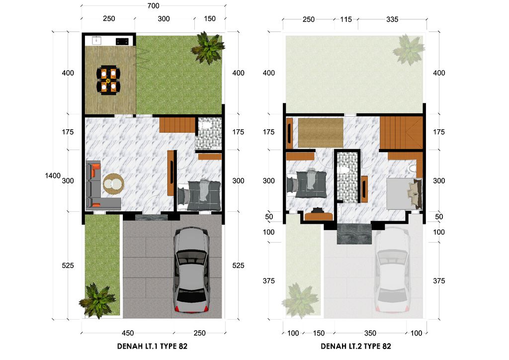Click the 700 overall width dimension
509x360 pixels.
point(153,6)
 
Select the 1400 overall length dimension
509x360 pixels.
point(52,176)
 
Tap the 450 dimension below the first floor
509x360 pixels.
point(128,333)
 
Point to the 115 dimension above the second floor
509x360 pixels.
point(346,19)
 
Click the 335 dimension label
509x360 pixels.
point(392,19)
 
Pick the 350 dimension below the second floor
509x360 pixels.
point(370,333)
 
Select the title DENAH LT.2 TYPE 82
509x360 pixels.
point(355,346)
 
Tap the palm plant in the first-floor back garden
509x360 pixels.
point(208,48)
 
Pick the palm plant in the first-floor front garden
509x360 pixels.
point(97,300)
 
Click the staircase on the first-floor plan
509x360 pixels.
point(176,124)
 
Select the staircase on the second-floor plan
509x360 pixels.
point(401,132)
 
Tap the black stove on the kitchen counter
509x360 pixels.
point(122,41)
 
